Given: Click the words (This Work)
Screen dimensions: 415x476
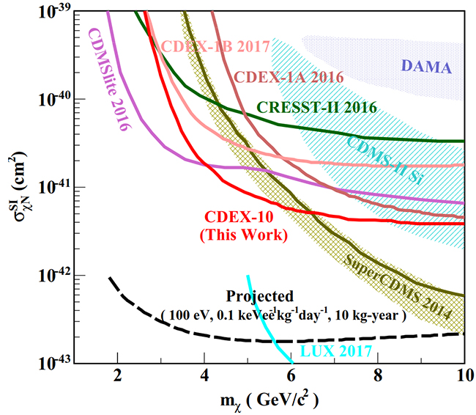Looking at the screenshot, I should click(x=244, y=235).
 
